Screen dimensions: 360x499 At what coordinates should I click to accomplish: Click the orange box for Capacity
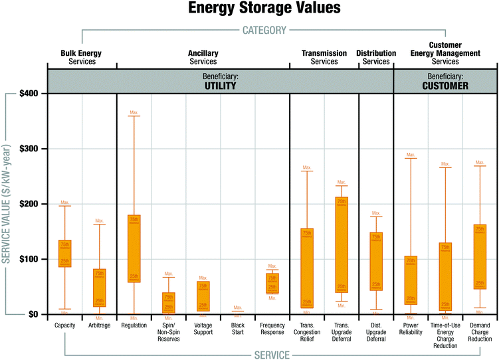pyautogui.click(x=64, y=253)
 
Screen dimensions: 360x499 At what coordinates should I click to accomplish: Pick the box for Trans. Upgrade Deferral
pyautogui.click(x=342, y=244)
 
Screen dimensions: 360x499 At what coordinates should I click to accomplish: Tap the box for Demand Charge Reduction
pyautogui.click(x=480, y=256)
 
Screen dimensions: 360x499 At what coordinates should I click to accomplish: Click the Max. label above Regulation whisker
pyautogui.click(x=134, y=112)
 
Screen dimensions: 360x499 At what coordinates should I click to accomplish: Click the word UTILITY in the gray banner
pyautogui.click(x=221, y=86)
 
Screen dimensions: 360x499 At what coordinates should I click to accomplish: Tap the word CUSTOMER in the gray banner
pyautogui.click(x=445, y=86)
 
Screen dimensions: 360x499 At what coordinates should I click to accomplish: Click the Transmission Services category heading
pyautogui.click(x=324, y=57)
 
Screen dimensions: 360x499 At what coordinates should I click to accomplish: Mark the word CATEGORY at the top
pyautogui.click(x=264, y=30)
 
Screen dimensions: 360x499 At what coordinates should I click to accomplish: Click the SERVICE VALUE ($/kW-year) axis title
pyautogui.click(x=6, y=204)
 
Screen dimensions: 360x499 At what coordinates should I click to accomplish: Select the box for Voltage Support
pyautogui.click(x=203, y=296)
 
